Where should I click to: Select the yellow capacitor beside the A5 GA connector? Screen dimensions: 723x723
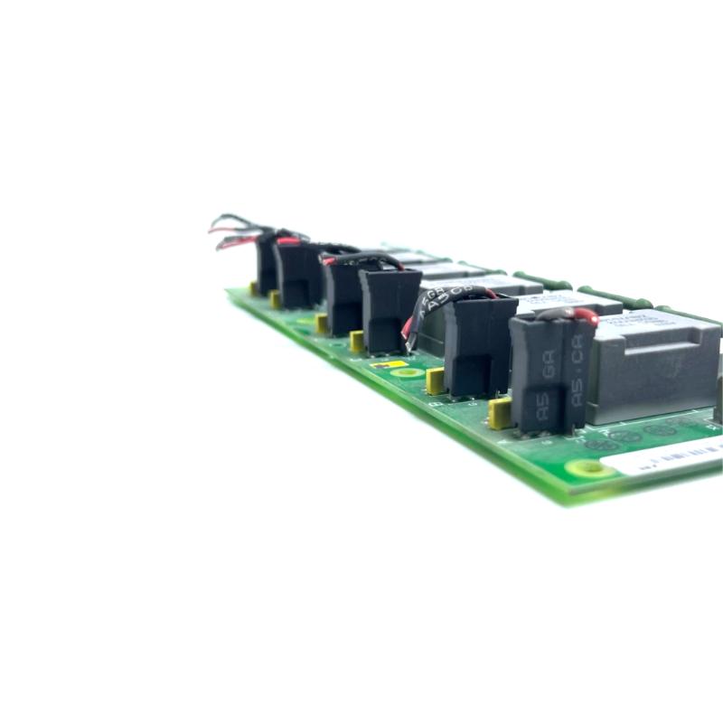click(499, 413)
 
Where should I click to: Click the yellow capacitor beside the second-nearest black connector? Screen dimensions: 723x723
click(435, 380)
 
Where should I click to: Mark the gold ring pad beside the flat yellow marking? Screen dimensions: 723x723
click(409, 371)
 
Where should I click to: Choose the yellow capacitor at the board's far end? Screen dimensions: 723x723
click(254, 288)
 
